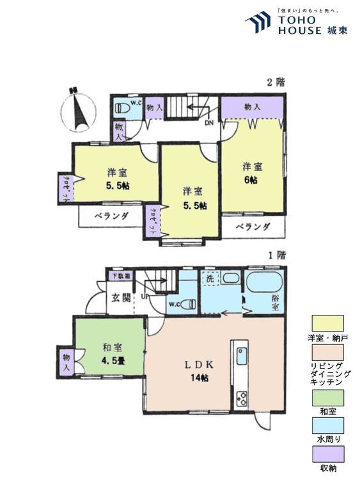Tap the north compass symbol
79,108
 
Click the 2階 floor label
276,81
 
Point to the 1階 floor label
276,254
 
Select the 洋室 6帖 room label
252,173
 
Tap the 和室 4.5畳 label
112,354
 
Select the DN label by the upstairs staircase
208,124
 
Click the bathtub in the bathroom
263,284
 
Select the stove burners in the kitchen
242,398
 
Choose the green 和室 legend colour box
327,397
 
